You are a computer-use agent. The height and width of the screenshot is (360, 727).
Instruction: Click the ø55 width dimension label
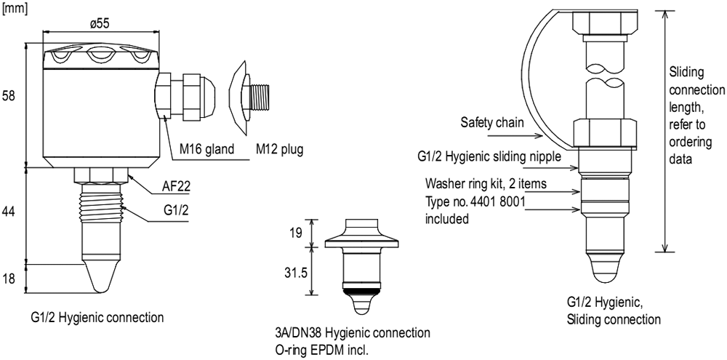tap(100, 23)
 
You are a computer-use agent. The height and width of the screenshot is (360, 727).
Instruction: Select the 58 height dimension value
tap(9, 97)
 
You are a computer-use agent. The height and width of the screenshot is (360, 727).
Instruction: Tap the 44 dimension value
tap(9, 211)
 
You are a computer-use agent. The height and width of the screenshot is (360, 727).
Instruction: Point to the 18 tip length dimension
tap(9, 277)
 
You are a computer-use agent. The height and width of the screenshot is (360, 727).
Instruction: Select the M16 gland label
tap(207, 151)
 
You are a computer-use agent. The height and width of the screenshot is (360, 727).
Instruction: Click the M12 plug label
tap(278, 151)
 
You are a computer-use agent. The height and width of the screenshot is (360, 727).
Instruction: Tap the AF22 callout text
tap(176, 187)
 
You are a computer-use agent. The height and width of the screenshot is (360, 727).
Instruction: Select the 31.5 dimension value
tap(294, 270)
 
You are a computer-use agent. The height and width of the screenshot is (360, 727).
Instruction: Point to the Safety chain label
tap(491, 123)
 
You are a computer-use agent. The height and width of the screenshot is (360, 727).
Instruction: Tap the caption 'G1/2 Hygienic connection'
tap(97, 318)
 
